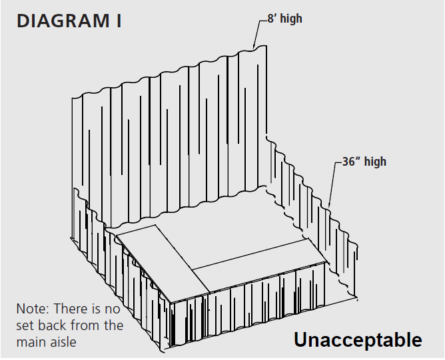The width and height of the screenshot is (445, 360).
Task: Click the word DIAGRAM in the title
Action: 63,21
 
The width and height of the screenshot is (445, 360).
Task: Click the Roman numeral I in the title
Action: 119,21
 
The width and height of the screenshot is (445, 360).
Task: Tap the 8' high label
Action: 284,19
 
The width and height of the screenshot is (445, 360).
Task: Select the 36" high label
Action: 364,162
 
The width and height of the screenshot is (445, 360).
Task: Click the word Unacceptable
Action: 358,339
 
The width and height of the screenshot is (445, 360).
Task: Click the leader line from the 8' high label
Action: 259,33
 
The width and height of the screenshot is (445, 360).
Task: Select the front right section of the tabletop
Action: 259,266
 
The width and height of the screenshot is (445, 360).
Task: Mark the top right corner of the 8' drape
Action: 266,46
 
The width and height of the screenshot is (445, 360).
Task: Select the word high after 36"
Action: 375,162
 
